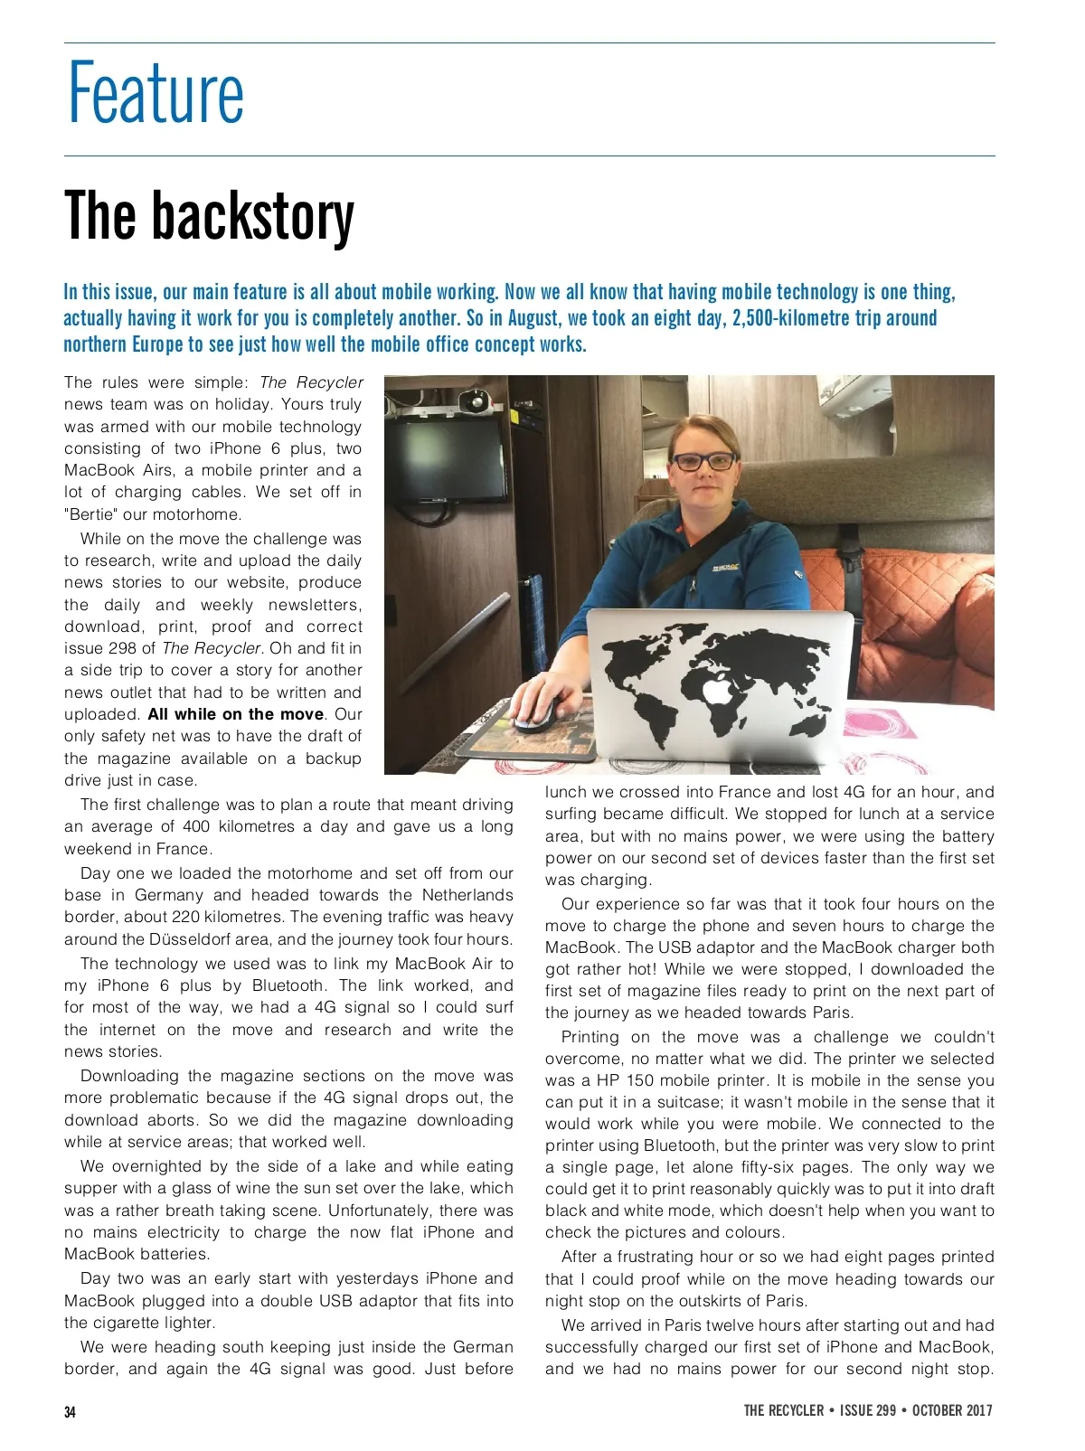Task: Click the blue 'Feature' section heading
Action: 156,93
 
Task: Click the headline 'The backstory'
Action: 209,216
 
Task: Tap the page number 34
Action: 71,1412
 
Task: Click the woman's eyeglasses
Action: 703,461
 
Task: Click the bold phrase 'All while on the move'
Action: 235,714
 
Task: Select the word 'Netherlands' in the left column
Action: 467,895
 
